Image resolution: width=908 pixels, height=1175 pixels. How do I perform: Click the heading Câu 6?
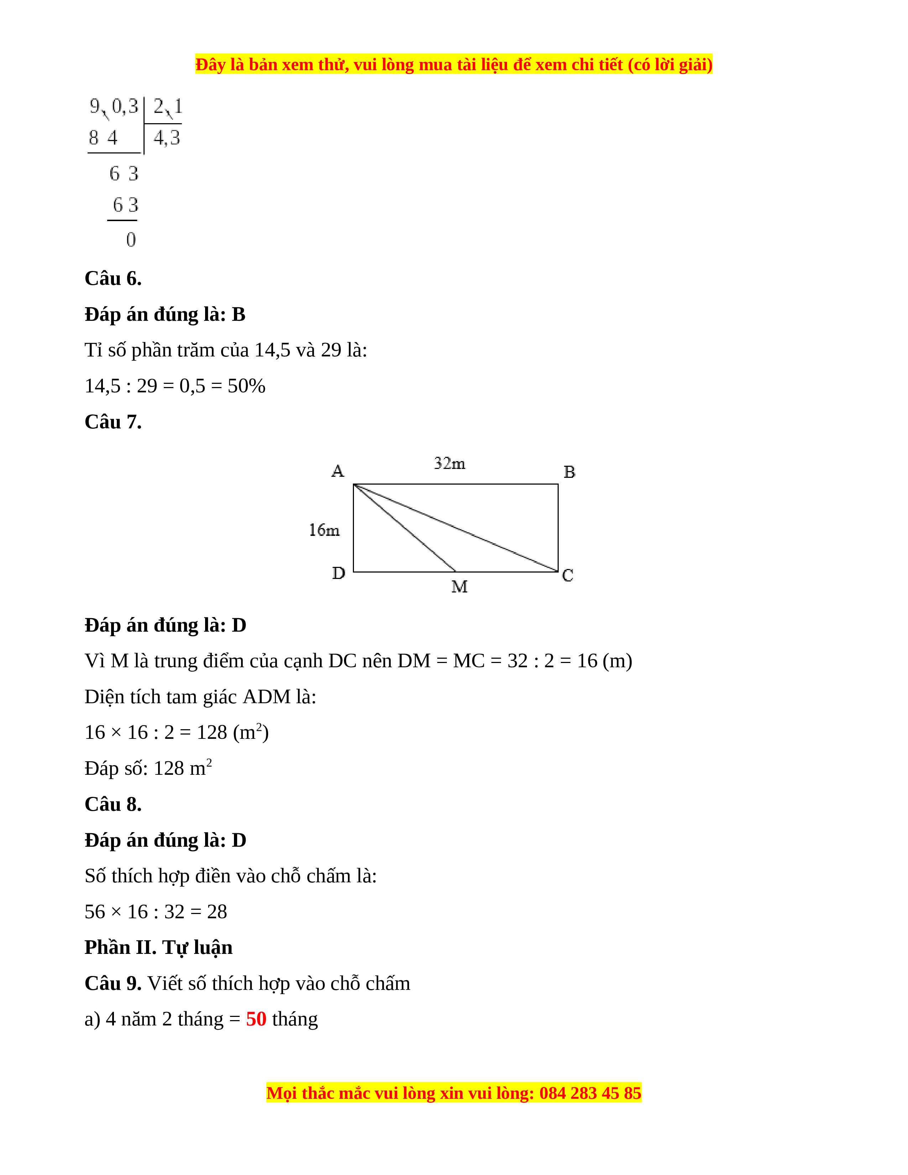point(113,279)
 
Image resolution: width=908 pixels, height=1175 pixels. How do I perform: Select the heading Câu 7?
point(113,422)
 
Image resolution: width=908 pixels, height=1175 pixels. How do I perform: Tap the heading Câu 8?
point(113,804)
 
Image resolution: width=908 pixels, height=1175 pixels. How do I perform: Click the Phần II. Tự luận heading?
point(158,947)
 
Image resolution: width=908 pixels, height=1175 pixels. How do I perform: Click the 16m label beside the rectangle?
point(324,531)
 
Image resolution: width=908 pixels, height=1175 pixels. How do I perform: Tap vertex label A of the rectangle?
point(337,471)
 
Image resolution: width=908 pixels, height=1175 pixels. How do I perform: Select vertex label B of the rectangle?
point(569,472)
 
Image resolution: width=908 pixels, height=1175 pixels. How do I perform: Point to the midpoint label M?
point(459,587)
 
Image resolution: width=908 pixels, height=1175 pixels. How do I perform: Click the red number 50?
point(256,1019)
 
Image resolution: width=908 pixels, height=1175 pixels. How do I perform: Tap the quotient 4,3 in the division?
point(167,138)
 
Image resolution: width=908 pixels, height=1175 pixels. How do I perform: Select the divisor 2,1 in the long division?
point(167,106)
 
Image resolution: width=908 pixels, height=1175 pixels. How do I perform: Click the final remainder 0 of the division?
point(131,240)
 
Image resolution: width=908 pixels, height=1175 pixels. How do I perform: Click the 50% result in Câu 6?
point(246,386)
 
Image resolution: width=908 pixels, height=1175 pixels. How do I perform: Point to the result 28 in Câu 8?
point(217,912)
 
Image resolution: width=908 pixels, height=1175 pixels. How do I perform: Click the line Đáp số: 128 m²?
point(148,768)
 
